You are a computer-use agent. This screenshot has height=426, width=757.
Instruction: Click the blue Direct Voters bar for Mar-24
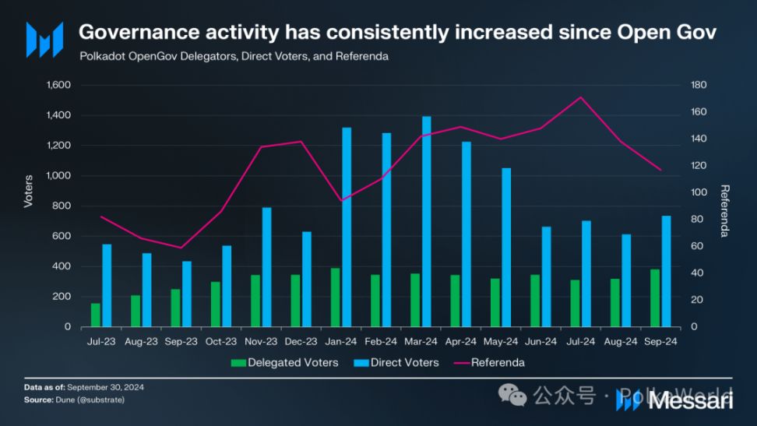coord(426,222)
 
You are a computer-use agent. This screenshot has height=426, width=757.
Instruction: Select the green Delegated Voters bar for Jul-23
coord(96,315)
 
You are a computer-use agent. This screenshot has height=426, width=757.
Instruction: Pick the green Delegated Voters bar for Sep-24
coord(655,298)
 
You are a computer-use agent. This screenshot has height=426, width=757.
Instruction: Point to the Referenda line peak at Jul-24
coord(579,97)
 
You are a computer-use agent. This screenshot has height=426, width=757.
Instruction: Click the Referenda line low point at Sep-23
coord(181,248)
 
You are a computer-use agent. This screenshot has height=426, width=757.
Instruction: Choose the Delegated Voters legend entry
coord(284,362)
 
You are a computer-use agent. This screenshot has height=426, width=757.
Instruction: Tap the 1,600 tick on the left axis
coord(59,85)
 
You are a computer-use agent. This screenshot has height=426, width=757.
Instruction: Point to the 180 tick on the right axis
coord(699,85)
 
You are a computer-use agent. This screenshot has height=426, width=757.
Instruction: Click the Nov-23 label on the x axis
coord(261,341)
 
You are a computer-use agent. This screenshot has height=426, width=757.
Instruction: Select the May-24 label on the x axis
coord(500,341)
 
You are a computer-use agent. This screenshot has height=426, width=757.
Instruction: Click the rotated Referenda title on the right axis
coord(724,210)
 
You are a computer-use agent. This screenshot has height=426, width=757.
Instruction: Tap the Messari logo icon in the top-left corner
coord(44,40)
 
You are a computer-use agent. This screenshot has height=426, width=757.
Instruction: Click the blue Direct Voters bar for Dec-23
coord(307,279)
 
